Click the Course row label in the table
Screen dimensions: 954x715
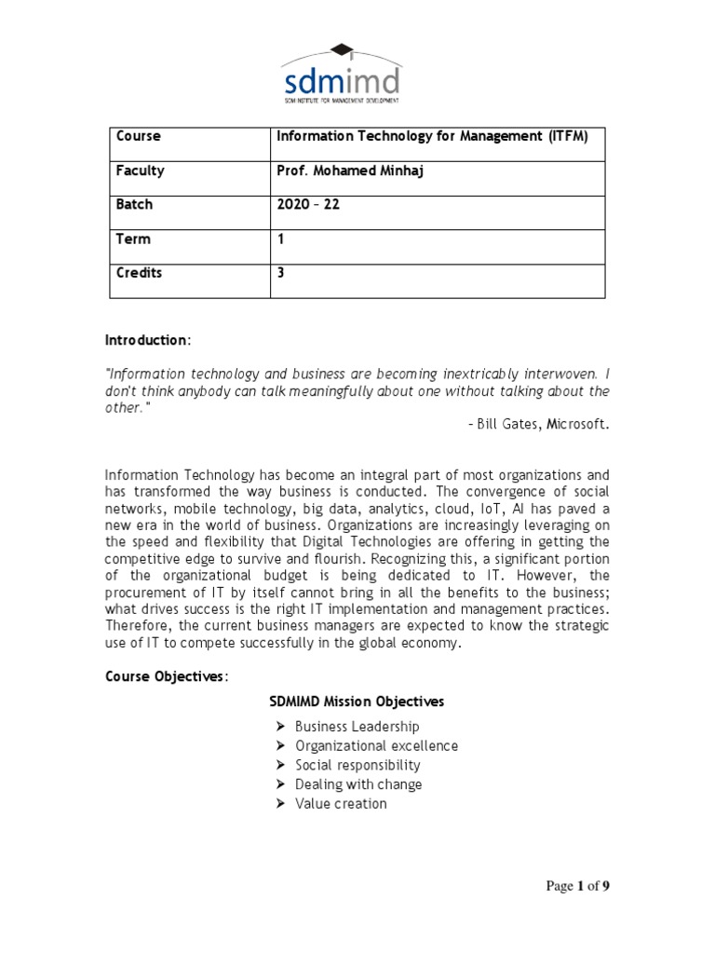point(138,136)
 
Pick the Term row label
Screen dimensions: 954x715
point(132,238)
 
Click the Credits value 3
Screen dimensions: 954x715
point(281,273)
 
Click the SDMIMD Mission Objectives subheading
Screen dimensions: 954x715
point(357,701)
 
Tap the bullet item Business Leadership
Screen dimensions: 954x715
point(357,727)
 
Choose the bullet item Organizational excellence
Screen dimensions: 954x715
point(376,746)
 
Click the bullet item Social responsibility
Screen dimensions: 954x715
point(357,765)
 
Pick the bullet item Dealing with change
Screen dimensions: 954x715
point(358,784)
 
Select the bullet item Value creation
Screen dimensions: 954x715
point(341,804)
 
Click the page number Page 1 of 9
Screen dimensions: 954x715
point(577,887)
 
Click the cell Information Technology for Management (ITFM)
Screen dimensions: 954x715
point(433,136)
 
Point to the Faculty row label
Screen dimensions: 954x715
point(140,170)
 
